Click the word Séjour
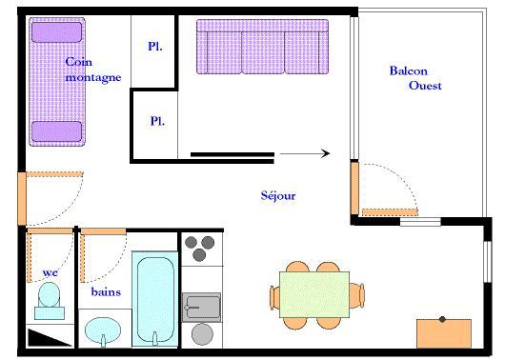pos(278,195)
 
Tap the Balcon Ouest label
pos(415,78)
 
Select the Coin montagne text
pos(93,70)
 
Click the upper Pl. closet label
pos(155,47)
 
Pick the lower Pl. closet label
pos(157,121)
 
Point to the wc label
pos(50,273)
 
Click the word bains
pos(106,291)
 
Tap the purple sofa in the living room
pos(262,47)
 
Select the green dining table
pos(314,294)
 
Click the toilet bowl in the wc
pos(50,294)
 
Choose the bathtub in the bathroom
pos(155,299)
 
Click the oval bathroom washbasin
pos(103,330)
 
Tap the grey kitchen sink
pos(201,308)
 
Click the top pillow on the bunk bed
pos(56,32)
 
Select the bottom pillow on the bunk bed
pos(56,131)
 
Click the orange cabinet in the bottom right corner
pos(444,333)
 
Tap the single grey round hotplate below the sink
pos(202,334)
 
